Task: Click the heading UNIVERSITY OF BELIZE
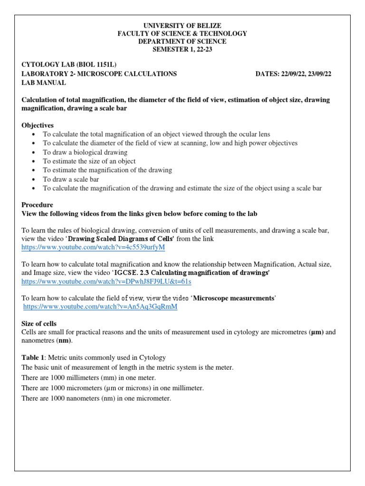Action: pyautogui.click(x=182, y=25)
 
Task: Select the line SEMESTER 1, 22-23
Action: pyautogui.click(x=182, y=49)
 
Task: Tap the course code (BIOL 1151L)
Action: pyautogui.click(x=93, y=65)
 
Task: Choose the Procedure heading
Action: pyautogui.click(x=38, y=205)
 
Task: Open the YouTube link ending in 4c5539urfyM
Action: pyautogui.click(x=93, y=248)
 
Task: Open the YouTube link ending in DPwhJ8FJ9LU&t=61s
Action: pyautogui.click(x=106, y=281)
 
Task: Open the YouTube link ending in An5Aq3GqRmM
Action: pyautogui.click(x=100, y=307)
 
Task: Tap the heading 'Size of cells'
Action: pyautogui.click(x=39, y=323)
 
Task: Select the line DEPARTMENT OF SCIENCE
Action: pyautogui.click(x=182, y=41)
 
